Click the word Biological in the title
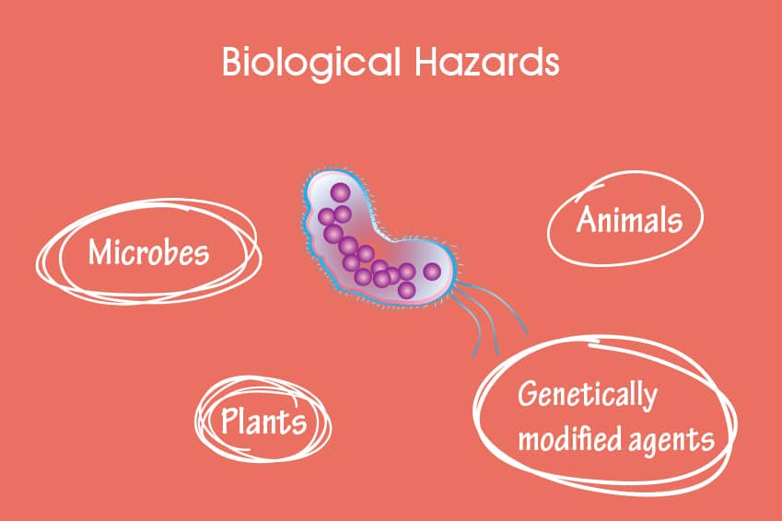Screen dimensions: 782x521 click(311, 63)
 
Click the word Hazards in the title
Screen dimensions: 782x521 click(487, 62)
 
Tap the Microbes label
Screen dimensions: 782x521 click(148, 252)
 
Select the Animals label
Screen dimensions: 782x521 click(629, 219)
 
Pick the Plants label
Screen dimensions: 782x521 click(263, 421)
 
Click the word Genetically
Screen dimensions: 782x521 click(588, 395)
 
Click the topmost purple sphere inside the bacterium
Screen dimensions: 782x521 click(341, 192)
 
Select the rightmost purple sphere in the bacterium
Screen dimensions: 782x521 click(432, 272)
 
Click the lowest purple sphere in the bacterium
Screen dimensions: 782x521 click(406, 290)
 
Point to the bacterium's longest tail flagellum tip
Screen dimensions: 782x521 click(526, 333)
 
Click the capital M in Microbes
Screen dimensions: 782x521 click(99, 252)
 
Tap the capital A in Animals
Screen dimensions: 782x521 click(587, 219)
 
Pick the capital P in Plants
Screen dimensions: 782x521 click(229, 421)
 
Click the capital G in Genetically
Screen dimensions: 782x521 click(527, 394)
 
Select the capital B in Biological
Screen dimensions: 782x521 click(232, 62)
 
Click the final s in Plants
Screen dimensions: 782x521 click(299, 425)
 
